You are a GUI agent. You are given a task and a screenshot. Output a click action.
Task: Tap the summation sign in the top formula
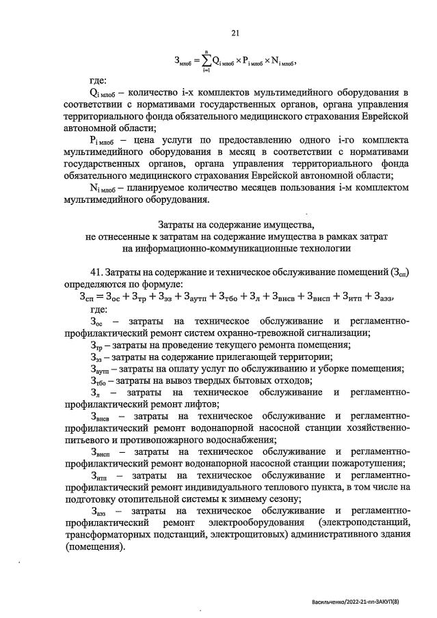coord(204,61)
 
